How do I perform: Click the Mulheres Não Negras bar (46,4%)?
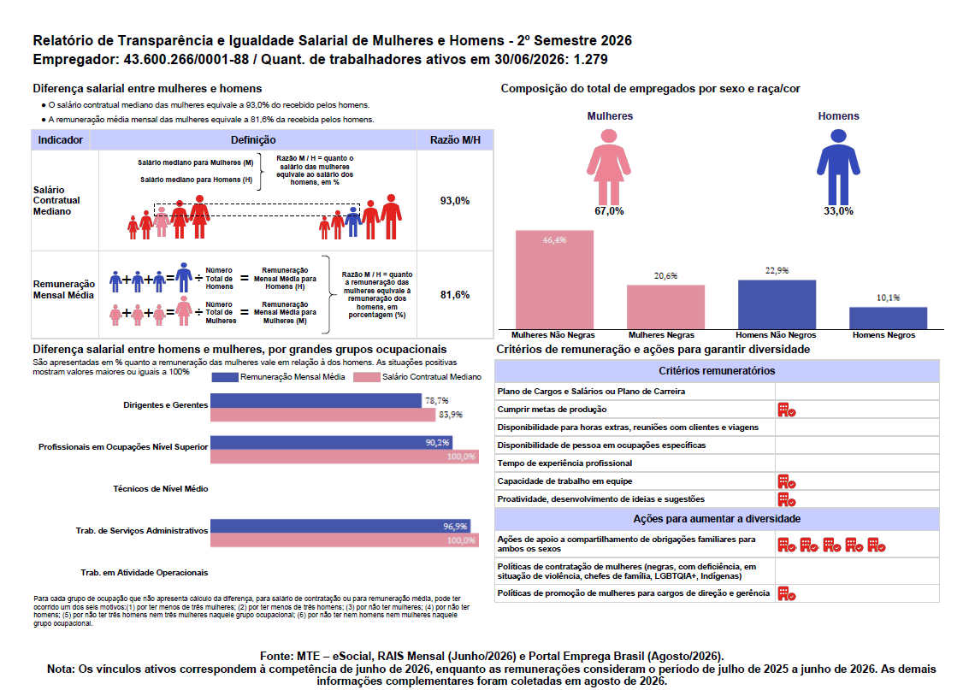coord(554,280)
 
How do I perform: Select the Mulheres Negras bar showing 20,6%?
coord(665,307)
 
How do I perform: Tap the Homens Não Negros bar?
coord(777,304)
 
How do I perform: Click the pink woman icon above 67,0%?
coord(609,167)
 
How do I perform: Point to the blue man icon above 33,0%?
coord(838,167)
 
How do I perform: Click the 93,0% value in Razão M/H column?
coord(454,201)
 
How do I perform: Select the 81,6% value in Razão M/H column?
coord(454,295)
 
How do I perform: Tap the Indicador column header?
coord(61,140)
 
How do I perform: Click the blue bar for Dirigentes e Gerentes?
coord(316,401)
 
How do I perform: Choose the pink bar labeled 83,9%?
coord(322,415)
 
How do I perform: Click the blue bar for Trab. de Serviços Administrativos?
coord(340,527)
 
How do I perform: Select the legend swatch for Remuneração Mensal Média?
coord(224,377)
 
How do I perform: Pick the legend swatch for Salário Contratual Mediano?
coord(366,377)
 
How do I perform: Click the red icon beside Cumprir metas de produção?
coord(787,410)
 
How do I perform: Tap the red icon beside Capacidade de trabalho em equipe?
coord(787,481)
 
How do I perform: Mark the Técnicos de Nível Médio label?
coord(161,488)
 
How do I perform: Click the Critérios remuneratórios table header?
coord(717,371)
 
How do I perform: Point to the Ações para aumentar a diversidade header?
coord(717,519)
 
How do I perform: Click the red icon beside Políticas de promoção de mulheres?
coord(787,593)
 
